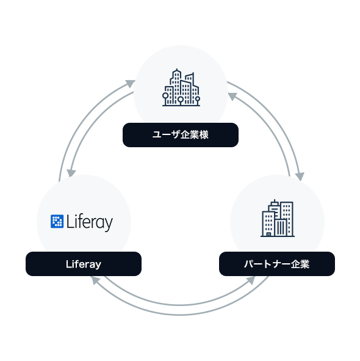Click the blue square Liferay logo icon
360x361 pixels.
(x=57, y=221)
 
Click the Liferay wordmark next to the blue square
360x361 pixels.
(x=90, y=222)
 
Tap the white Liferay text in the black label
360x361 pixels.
(x=84, y=264)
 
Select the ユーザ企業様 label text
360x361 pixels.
(x=181, y=134)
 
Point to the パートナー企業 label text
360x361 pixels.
(x=277, y=264)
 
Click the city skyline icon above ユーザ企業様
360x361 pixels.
(x=181, y=87)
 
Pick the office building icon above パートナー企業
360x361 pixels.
(x=278, y=218)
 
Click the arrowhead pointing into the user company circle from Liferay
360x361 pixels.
(x=131, y=83)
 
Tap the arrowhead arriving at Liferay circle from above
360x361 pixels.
(x=71, y=173)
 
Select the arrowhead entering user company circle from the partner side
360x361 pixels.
(x=232, y=97)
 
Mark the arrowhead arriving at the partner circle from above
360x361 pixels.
(x=300, y=176)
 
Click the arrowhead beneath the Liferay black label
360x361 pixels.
(x=95, y=280)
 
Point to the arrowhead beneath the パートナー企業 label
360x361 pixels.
(x=251, y=280)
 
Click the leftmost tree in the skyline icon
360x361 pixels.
(x=165, y=98)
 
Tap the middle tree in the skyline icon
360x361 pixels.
(x=181, y=101)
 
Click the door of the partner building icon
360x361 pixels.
(x=268, y=234)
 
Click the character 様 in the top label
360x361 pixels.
(x=204, y=134)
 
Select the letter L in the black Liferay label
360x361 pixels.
(x=68, y=264)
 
